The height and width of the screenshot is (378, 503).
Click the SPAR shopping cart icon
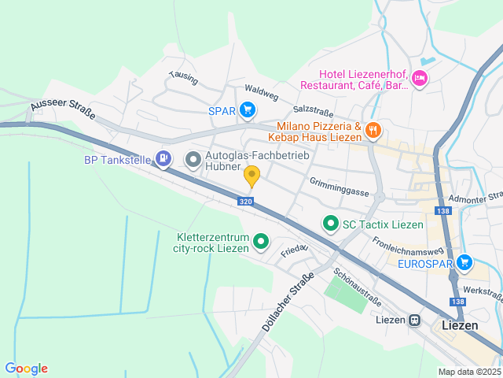(x=248, y=109)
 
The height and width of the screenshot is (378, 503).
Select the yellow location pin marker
(x=251, y=175)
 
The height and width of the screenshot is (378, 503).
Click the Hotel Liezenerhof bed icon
(x=419, y=77)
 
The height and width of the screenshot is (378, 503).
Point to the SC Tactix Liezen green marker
(x=331, y=224)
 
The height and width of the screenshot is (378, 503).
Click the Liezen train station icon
(x=413, y=321)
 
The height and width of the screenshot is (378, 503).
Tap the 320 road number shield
(x=246, y=202)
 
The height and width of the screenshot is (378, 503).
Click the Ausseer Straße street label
(x=63, y=109)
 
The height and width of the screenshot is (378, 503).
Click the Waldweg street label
(x=262, y=93)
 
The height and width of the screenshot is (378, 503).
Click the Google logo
(x=26, y=369)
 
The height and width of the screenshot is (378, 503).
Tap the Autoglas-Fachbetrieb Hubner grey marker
(x=193, y=160)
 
